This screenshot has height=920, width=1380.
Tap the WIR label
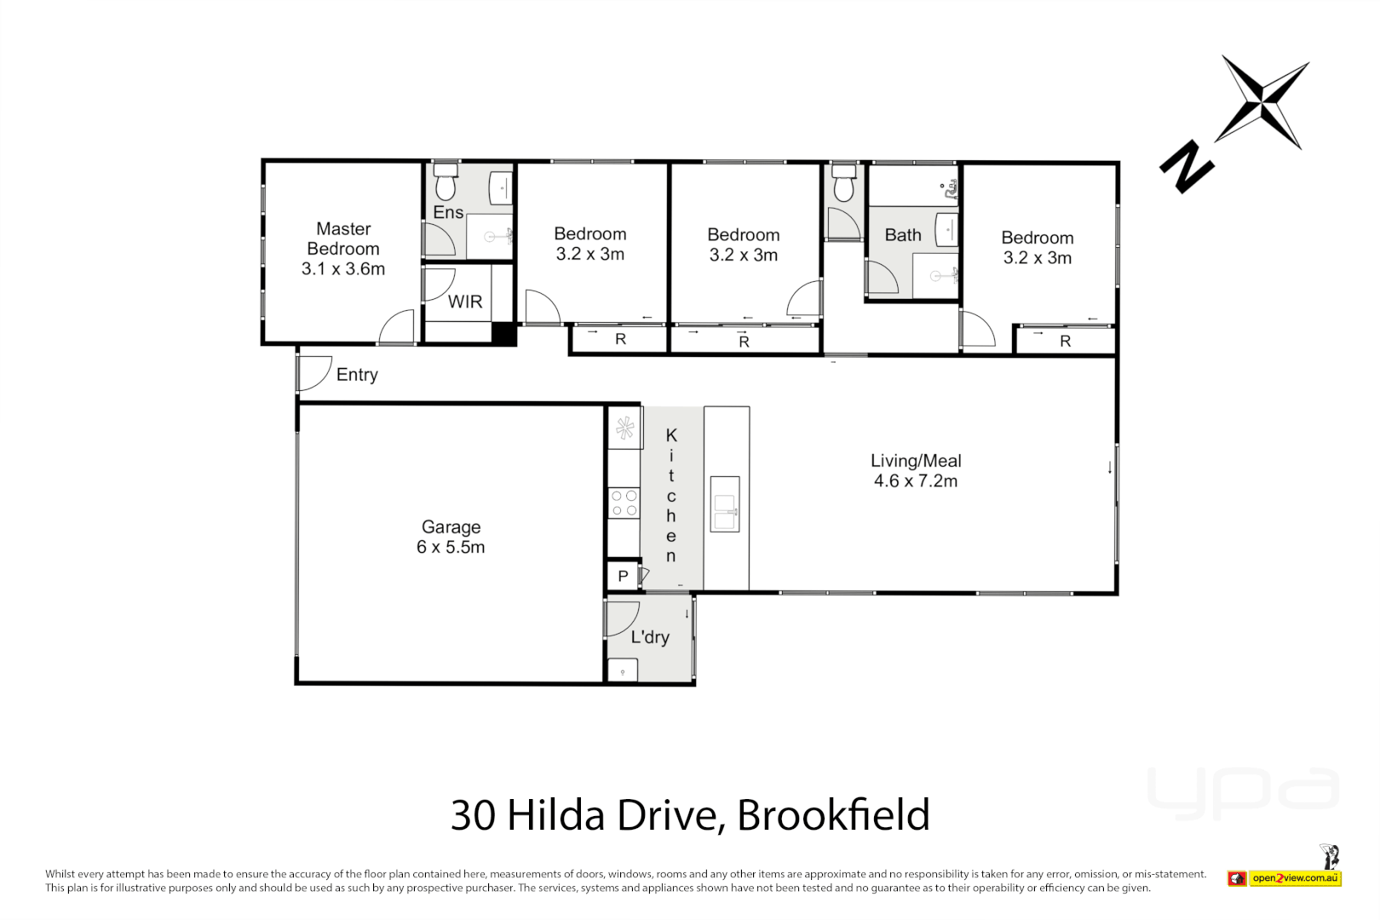(x=465, y=302)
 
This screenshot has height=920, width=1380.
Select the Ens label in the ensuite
(x=448, y=213)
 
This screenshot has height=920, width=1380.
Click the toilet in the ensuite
(x=446, y=184)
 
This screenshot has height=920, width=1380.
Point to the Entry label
(x=357, y=375)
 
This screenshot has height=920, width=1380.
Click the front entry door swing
(x=313, y=373)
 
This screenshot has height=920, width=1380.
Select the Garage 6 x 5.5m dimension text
(x=451, y=548)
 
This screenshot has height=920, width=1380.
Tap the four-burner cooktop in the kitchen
(x=624, y=503)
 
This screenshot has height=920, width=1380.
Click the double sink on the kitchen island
(x=725, y=503)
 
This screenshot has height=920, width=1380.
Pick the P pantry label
(x=623, y=577)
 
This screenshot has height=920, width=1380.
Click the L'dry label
(x=650, y=637)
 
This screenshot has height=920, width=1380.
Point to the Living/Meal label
(x=916, y=461)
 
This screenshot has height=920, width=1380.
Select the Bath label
(x=903, y=235)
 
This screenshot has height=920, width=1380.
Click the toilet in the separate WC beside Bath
(x=843, y=184)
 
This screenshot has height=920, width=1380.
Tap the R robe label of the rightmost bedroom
(x=1065, y=342)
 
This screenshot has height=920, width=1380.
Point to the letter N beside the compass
(x=1187, y=167)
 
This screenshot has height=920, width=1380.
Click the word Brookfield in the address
(x=833, y=815)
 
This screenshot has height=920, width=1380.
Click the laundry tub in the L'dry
(x=623, y=670)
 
